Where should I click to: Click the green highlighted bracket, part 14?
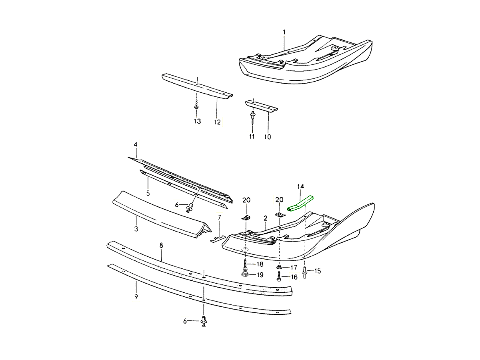tap(301, 203)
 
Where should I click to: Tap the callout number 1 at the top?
tap(284, 32)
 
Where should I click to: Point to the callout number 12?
tap(217, 122)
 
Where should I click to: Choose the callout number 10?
tap(267, 137)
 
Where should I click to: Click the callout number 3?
tap(136, 229)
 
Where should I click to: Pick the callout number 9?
tap(136, 296)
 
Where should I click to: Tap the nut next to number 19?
tap(244, 274)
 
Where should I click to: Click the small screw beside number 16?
tap(279, 276)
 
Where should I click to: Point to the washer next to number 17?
tap(279, 267)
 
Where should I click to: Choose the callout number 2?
tap(265, 218)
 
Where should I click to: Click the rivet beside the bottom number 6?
tap(204, 321)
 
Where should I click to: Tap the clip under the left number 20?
tap(246, 217)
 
